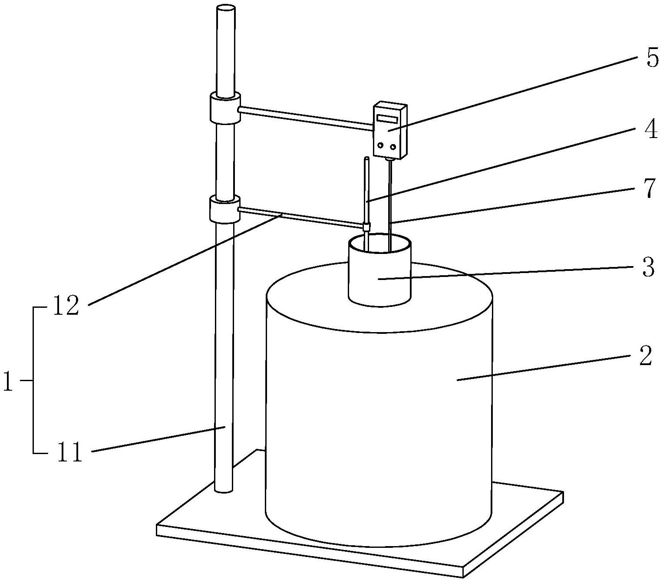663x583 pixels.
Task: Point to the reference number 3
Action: (x=648, y=268)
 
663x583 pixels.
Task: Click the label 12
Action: (x=67, y=306)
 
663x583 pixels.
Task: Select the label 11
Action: (x=69, y=452)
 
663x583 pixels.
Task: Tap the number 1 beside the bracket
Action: (x=8, y=381)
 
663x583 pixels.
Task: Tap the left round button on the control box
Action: (x=381, y=146)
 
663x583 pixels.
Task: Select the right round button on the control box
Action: (x=393, y=147)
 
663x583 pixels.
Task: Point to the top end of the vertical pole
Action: (x=225, y=9)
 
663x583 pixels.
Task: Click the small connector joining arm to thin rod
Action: (x=366, y=226)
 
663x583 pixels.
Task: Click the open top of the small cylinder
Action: (x=379, y=243)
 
